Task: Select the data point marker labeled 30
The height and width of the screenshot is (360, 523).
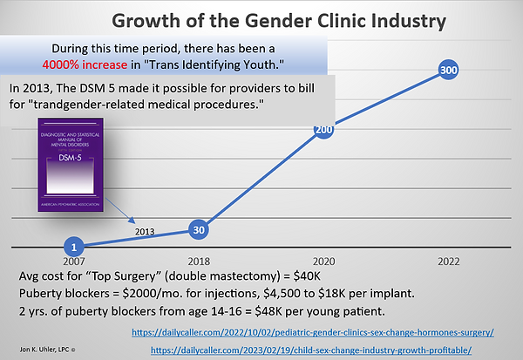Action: coord(199,230)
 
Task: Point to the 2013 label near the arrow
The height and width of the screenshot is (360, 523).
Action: coord(146,231)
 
